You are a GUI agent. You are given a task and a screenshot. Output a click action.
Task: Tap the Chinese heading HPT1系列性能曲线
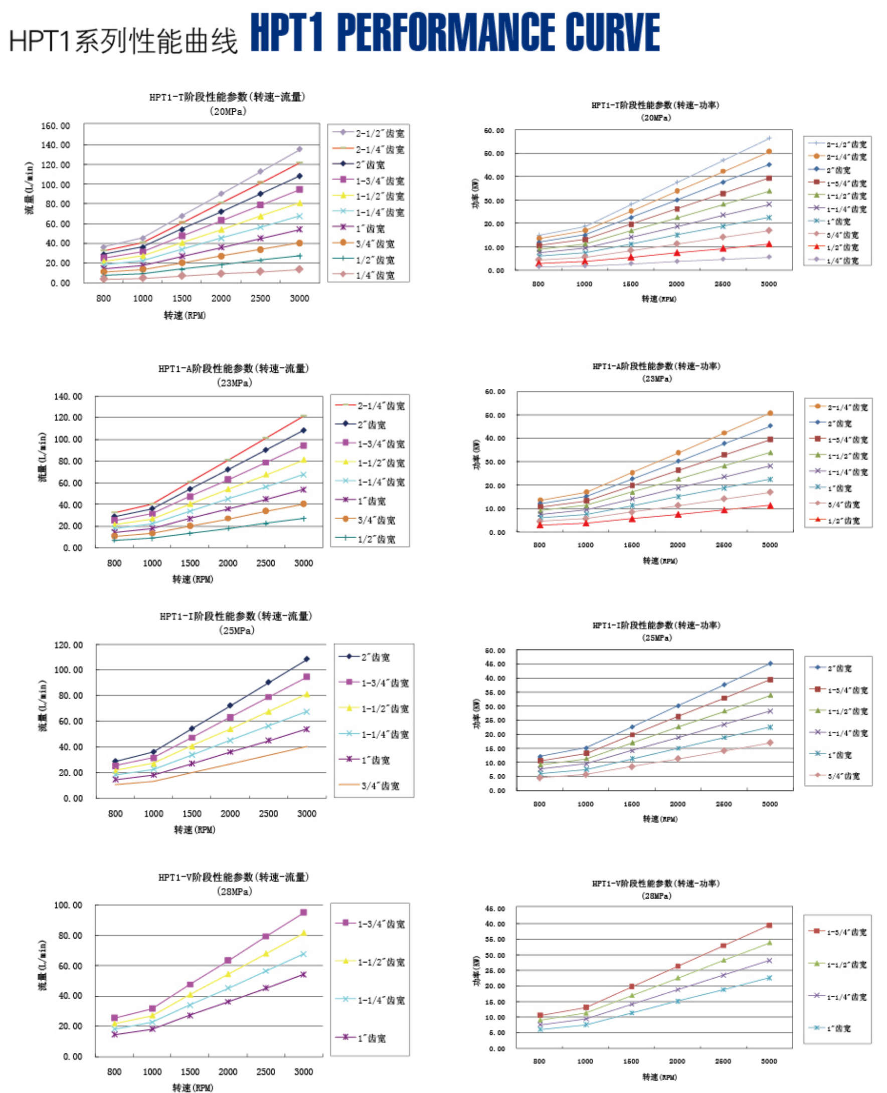pos(123,41)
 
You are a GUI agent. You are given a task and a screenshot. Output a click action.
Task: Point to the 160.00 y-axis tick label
pos(56,126)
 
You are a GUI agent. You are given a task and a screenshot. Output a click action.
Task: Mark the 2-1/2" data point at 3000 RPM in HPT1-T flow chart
pos(299,149)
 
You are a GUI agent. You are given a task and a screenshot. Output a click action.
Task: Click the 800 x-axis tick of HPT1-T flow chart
pos(103,298)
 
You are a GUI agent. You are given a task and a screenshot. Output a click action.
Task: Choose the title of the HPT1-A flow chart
pos(234,368)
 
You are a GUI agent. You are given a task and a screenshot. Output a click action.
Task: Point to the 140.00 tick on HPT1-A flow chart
pos(68,396)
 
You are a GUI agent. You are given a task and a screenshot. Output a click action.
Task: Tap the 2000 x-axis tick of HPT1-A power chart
pos(677,545)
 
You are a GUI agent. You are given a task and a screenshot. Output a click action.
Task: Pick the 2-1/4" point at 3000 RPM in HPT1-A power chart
pos(770,413)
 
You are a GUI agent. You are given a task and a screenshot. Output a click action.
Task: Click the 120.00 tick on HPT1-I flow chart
pos(69,645)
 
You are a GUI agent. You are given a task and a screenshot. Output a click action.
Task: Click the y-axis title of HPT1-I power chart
pos(477,713)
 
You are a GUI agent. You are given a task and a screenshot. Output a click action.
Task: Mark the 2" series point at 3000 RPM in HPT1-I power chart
pos(770,664)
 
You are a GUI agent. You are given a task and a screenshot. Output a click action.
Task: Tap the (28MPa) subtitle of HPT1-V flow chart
pos(234,891)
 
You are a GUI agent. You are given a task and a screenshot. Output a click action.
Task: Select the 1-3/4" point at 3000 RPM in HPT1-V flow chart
pos(303,912)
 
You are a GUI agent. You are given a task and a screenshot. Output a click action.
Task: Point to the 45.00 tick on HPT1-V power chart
pos(494,909)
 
